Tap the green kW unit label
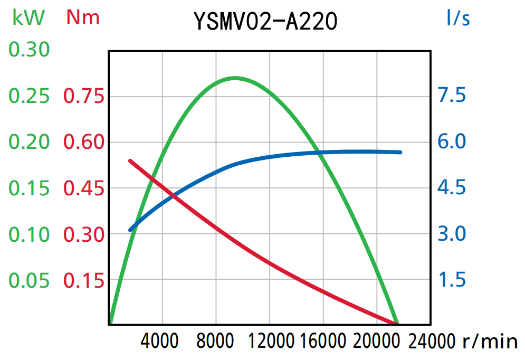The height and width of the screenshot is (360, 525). (28, 18)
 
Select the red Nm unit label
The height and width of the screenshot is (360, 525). (83, 18)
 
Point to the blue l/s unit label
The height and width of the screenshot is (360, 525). (457, 18)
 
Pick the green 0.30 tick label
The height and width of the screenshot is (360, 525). (29, 50)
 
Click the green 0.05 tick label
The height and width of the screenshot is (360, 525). (29, 280)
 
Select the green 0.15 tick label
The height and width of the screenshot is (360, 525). (29, 188)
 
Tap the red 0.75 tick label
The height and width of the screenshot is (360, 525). (83, 97)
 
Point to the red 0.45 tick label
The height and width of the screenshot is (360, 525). (83, 188)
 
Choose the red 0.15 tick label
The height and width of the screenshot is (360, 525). (83, 280)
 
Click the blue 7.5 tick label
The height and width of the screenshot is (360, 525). (452, 96)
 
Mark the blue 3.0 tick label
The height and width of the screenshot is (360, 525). (452, 233)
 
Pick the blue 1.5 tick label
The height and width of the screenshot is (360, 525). (452, 279)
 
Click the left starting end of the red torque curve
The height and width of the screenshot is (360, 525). (130, 160)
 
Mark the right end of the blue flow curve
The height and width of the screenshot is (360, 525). (400, 152)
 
